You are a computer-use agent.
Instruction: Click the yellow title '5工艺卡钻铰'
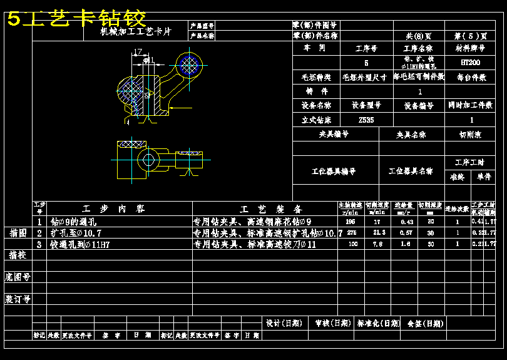coord(77,18)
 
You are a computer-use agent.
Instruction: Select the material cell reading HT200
coord(470,63)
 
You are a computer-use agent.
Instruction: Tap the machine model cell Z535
coord(366,120)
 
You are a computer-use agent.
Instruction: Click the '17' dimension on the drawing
coord(138,52)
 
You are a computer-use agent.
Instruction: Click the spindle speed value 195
coord(351,221)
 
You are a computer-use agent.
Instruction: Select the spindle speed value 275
coord(351,233)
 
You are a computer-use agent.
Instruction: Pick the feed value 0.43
coord(406,221)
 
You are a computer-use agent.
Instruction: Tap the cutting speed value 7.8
coord(378,244)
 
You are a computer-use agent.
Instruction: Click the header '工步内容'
coord(113,209)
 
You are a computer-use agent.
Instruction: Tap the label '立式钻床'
coord(316,120)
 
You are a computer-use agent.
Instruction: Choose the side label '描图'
coord(18,233)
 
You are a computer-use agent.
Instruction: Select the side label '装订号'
coord(18,299)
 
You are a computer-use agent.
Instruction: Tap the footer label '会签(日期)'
coord(425,324)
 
